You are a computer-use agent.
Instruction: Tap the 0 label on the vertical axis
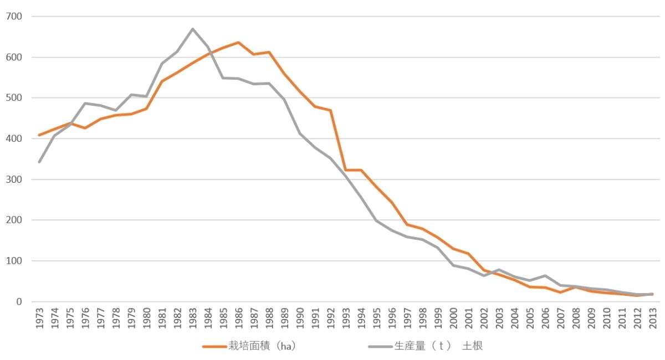(19, 302)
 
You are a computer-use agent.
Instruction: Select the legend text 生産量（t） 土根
(438, 347)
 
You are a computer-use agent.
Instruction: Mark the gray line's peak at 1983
(192, 29)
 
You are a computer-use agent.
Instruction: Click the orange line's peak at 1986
(238, 43)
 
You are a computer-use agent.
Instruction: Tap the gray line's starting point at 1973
(39, 162)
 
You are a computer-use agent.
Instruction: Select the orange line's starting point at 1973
(39, 135)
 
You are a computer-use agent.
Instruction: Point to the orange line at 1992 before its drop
(330, 110)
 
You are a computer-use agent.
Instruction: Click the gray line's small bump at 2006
(545, 276)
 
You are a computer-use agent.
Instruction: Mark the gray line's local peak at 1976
(85, 103)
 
